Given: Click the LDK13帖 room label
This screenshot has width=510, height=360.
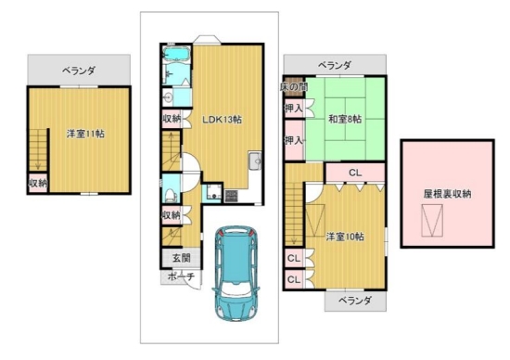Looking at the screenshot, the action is tap(223, 120).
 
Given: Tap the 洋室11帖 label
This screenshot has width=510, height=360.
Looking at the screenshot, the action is tap(85, 134).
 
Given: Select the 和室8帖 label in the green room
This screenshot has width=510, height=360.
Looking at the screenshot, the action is tap(345, 119).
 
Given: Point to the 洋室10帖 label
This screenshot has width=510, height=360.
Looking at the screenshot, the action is tap(345, 237).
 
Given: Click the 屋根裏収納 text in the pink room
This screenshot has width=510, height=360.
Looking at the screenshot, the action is tap(447, 194).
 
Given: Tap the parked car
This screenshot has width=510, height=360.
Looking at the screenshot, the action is tap(236, 274).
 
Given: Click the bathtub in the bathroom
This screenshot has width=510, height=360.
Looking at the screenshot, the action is tap(176, 54).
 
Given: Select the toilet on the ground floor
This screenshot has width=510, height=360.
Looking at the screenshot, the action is tap(171, 195).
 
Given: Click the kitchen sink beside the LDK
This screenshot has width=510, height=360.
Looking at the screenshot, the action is tap(255, 161).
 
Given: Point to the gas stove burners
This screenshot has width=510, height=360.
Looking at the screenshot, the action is tap(231, 196).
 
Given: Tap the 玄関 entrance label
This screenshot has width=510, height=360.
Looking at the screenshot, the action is tap(181, 258).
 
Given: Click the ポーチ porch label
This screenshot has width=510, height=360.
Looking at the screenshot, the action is tap(181, 276).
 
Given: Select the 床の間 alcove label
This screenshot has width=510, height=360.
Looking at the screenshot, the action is tap(294, 87).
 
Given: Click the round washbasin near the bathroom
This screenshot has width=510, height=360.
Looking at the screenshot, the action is tap(168, 97).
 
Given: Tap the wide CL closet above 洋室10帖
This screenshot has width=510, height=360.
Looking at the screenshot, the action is tap(355, 173).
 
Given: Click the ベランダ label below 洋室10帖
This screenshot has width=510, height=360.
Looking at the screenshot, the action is tap(355, 300).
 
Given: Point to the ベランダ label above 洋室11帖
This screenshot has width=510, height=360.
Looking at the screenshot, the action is tap(79, 70).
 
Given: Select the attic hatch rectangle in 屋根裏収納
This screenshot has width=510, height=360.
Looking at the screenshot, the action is tap(432, 221).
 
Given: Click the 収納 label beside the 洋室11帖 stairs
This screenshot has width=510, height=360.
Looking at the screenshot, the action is tap(38, 183).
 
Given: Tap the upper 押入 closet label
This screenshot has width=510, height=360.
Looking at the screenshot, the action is tap(294, 109).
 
